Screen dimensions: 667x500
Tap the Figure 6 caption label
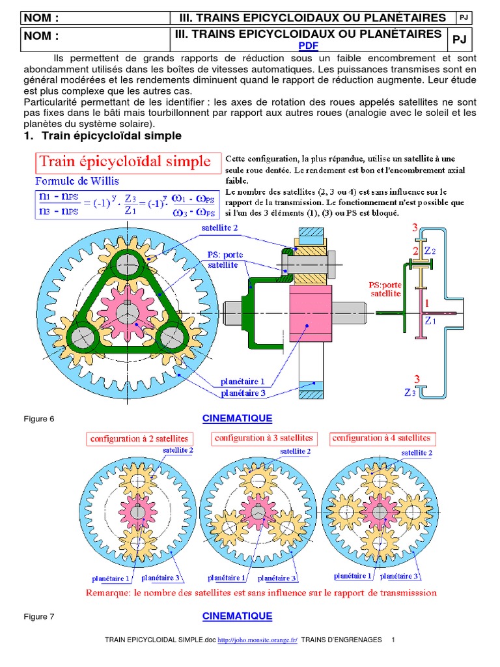38,419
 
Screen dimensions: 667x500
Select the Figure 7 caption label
38,616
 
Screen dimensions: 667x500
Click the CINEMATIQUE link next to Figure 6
237,418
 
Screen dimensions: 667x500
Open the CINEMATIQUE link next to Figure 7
237,616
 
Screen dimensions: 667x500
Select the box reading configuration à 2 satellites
139,439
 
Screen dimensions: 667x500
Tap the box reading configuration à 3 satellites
263,438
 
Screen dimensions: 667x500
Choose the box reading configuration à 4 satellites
381,438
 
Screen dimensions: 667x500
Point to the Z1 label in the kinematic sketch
430,320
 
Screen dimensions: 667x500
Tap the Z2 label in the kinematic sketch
430,250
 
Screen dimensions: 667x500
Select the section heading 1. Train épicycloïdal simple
102,136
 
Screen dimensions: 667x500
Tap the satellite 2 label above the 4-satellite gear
417,452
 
